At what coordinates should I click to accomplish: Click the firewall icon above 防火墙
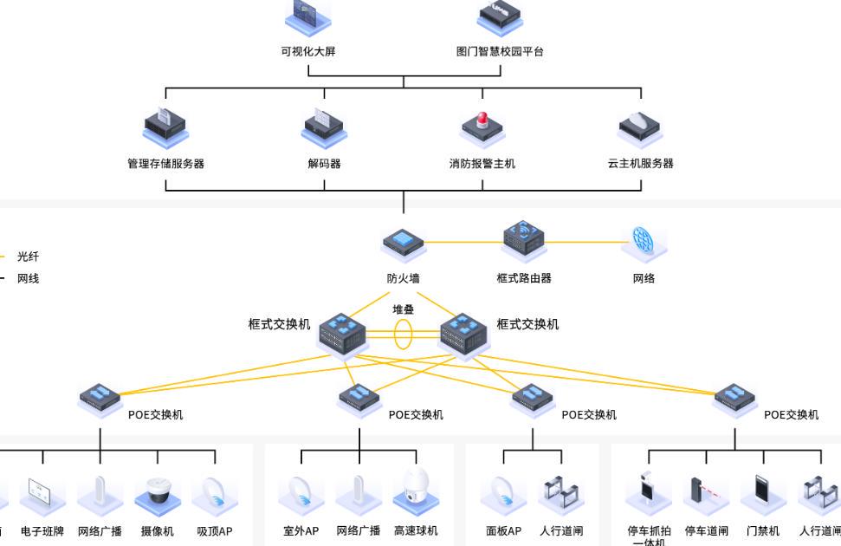tap(404, 244)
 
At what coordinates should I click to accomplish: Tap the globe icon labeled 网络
tap(644, 241)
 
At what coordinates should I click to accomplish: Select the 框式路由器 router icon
tap(524, 239)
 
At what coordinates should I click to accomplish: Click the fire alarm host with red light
tap(482, 129)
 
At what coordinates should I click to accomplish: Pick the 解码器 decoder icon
tap(324, 128)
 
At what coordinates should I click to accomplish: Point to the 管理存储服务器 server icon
tap(165, 128)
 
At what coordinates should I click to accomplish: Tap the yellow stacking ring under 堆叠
tap(404, 335)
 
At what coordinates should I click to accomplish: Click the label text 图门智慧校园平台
tap(500, 51)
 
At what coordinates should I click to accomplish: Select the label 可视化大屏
tap(308, 51)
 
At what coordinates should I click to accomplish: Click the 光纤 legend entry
tap(28, 257)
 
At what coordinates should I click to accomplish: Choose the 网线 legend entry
tap(28, 278)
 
